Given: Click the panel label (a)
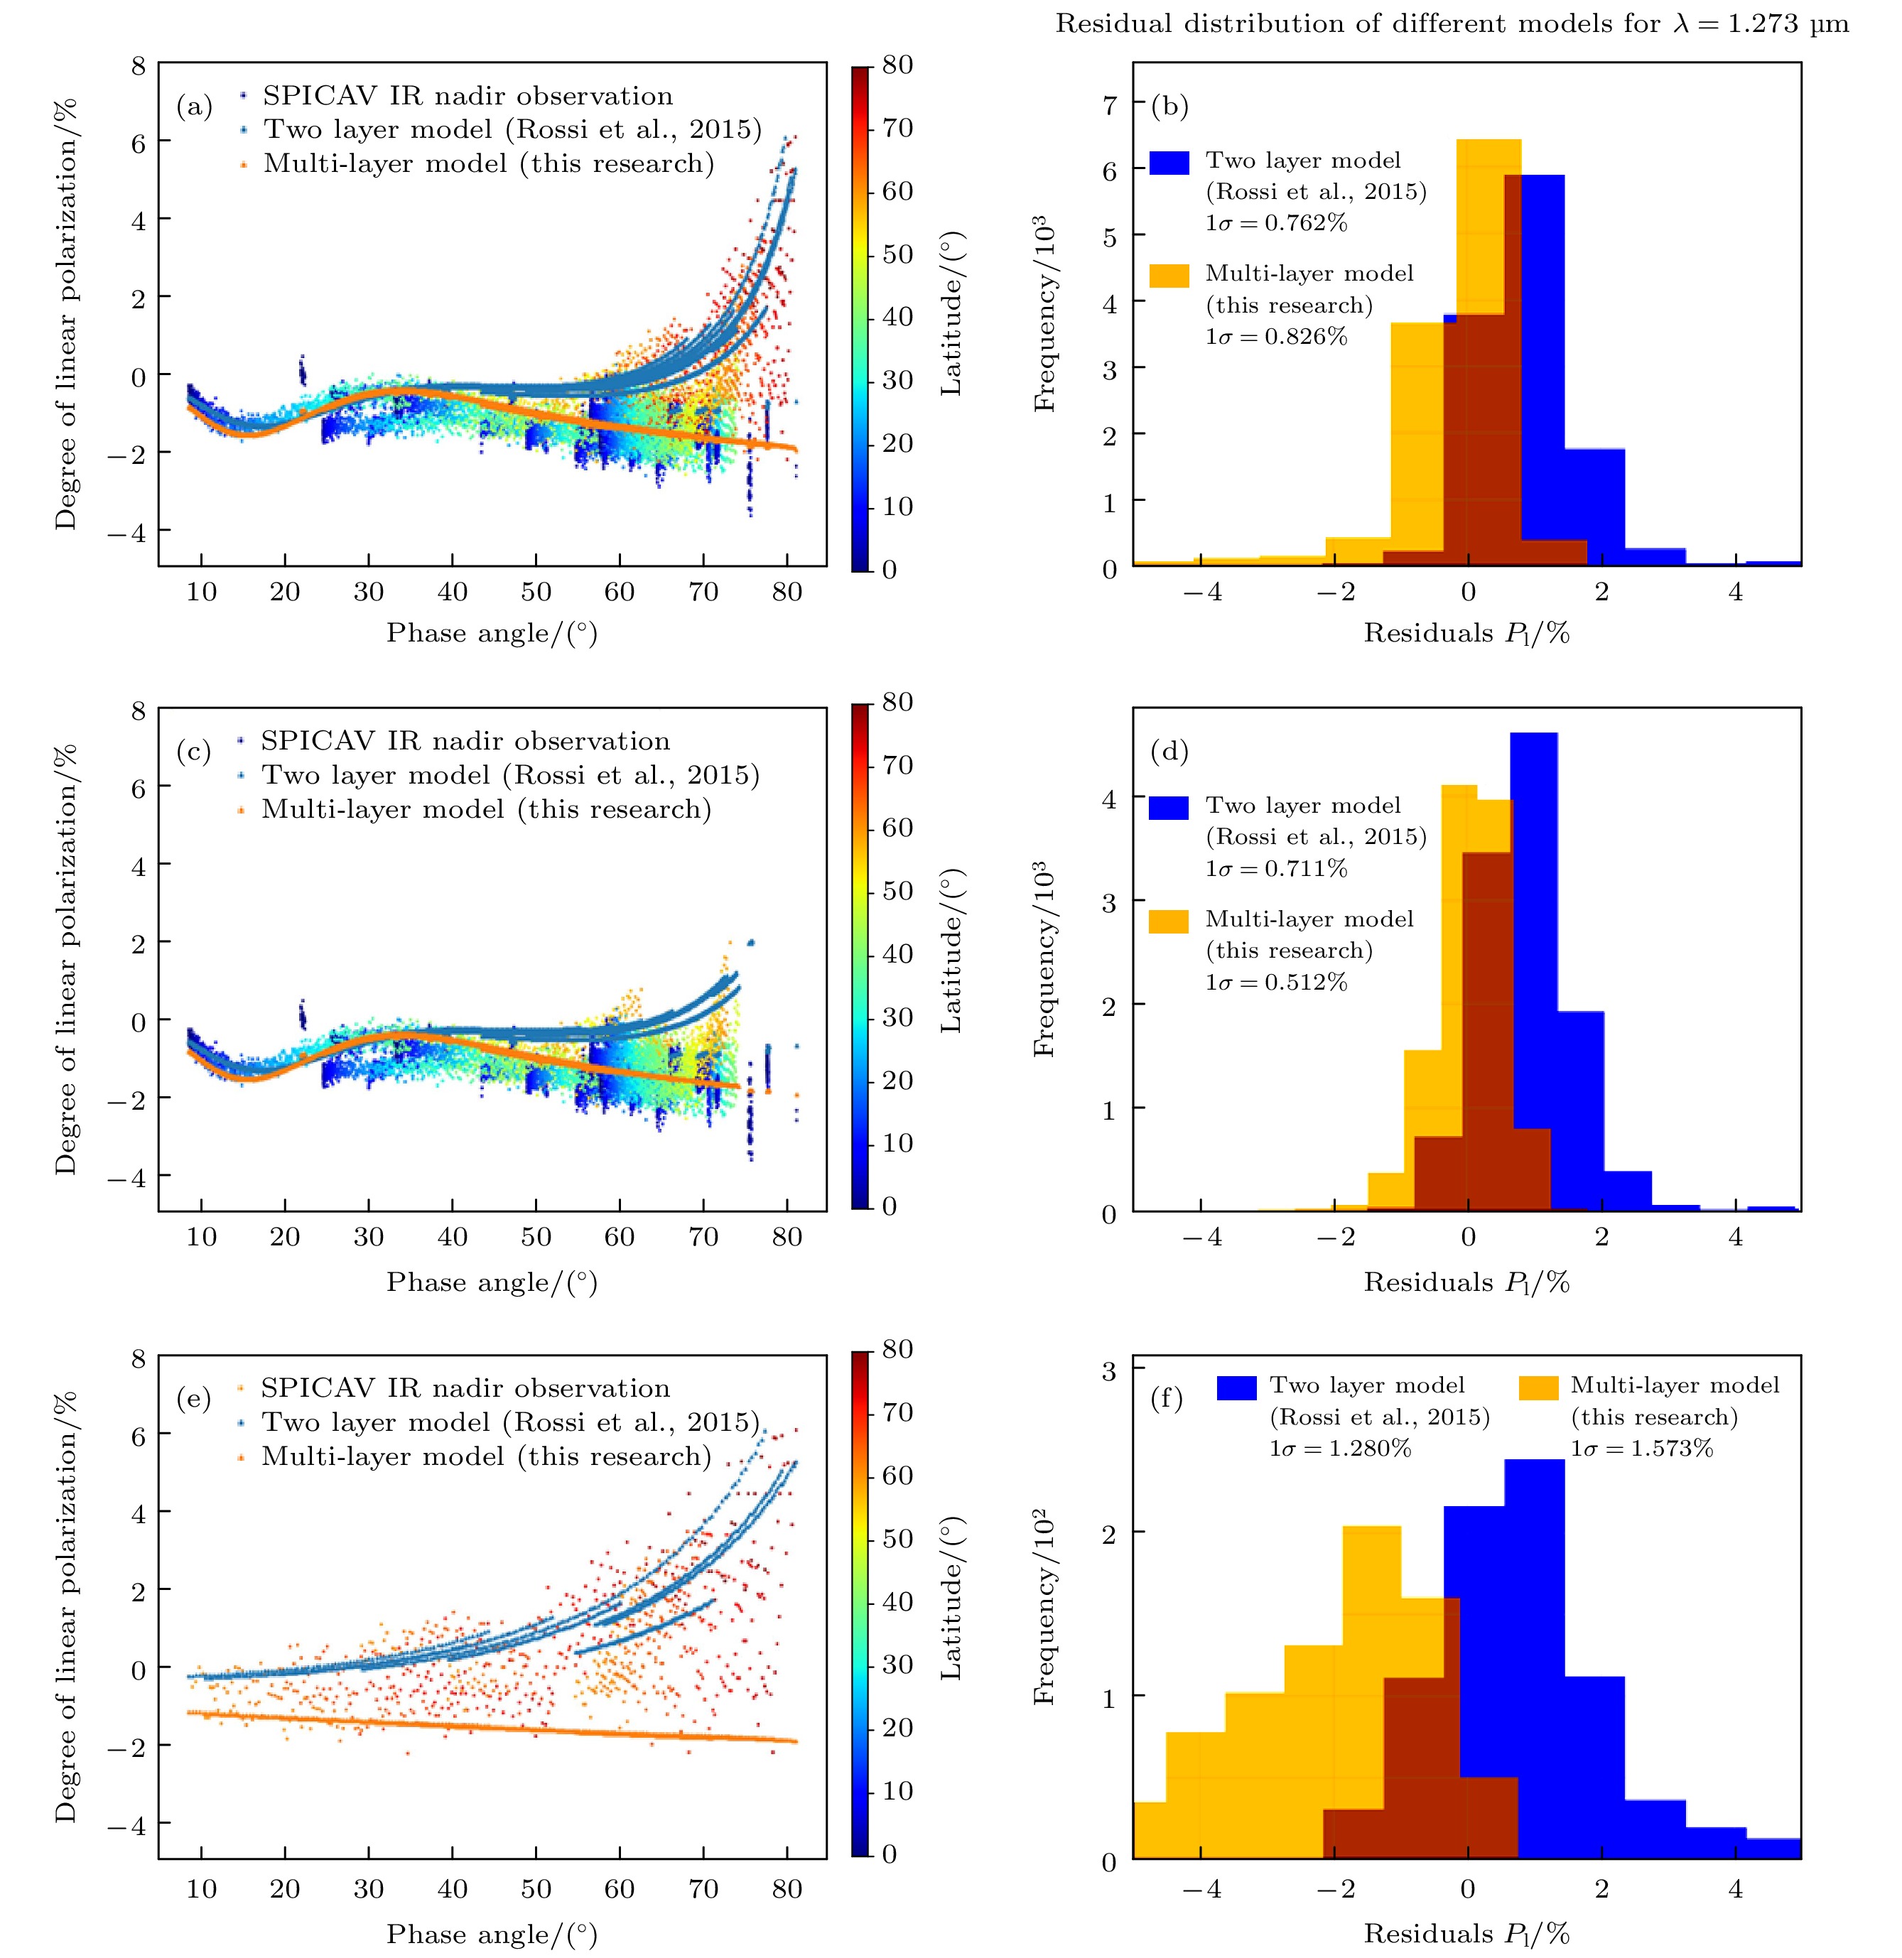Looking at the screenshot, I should pos(194,107).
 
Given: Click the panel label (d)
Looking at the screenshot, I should pos(1169,751).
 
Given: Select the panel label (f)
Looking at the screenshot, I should pos(1167,1399).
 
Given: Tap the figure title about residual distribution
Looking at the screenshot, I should pos(1452,24).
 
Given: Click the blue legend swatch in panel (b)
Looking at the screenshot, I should pos(1169,163).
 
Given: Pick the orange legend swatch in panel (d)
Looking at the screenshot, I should pos(1169,920).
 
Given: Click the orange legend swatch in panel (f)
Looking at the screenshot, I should pos(1538,1388).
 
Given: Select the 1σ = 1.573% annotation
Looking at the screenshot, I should pos(1641,1447).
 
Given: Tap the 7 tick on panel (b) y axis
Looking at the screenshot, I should pos(1109,104).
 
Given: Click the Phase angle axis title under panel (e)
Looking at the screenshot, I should pos(492,1934).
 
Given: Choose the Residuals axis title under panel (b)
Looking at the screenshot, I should pos(1466,633).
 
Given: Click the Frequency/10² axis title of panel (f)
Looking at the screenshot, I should pos(1044,1604).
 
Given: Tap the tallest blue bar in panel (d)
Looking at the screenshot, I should pos(1533,969).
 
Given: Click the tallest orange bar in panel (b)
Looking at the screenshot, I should pos(1488,350).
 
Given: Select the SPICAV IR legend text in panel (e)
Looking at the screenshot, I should pos(465,1389).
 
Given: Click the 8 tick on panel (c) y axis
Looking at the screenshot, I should pos(138,711).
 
